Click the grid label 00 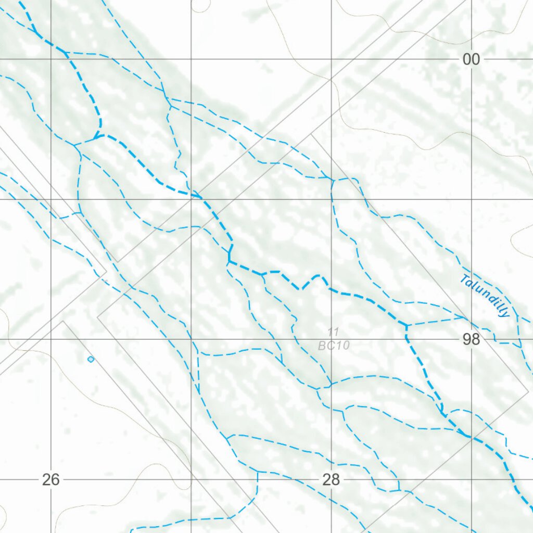click(x=471, y=60)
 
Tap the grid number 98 click(x=471, y=340)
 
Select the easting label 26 click(x=51, y=480)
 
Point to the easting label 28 click(x=331, y=480)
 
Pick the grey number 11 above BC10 click(x=334, y=331)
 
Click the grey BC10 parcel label click(x=334, y=345)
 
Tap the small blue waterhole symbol click(x=91, y=359)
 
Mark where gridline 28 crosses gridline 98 click(x=332, y=339)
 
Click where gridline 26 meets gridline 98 click(x=51, y=339)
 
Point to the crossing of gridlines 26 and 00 click(x=51, y=59)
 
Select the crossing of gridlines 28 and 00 click(x=332, y=59)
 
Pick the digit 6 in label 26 click(x=55, y=480)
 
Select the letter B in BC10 click(x=322, y=345)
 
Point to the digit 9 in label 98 click(x=467, y=340)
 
